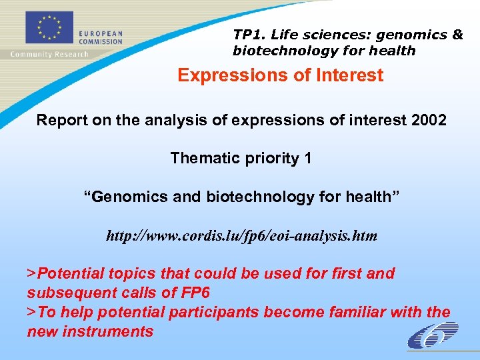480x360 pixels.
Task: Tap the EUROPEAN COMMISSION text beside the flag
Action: (x=101, y=37)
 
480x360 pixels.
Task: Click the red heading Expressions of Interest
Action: (x=280, y=75)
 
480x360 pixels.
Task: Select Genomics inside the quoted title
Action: (x=119, y=197)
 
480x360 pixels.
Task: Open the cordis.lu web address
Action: (x=241, y=236)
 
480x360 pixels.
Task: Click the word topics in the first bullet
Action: (x=130, y=273)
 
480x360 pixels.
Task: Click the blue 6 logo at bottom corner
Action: (x=433, y=335)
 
